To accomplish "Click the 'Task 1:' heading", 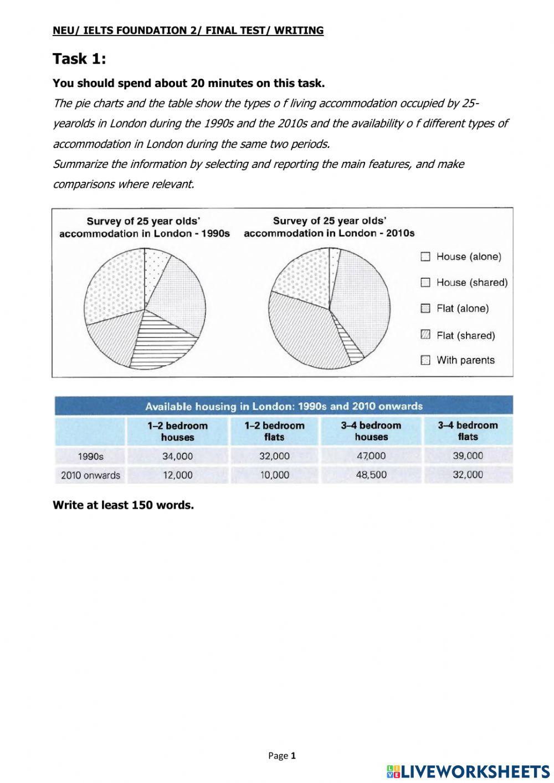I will pos(79,59).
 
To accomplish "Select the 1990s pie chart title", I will pos(144,227).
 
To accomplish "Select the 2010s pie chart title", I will pos(329,227).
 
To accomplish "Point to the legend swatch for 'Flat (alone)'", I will pos(425,309).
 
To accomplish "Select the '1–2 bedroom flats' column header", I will pos(274,431).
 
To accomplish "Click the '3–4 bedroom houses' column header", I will pos(371,431).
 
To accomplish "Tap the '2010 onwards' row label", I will pos(90,475).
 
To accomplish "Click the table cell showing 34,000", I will pos(177,456).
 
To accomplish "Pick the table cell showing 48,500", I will pos(371,475).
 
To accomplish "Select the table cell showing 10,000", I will pos(274,475).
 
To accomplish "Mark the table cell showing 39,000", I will pos(468,456).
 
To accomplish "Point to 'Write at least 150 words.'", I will pos(123,505).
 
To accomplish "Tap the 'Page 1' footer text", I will pos(283,755).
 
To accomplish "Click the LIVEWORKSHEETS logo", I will pos(468,771).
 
